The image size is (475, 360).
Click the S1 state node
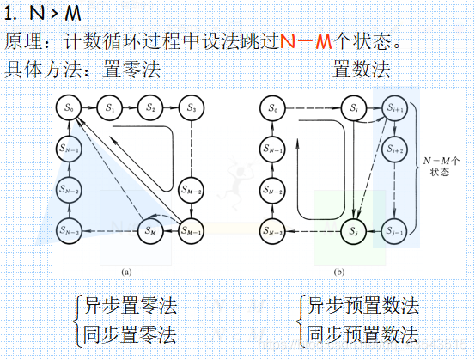(110, 108)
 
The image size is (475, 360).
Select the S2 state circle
(150, 108)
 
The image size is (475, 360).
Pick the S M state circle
(150, 229)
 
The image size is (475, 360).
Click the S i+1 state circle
(395, 108)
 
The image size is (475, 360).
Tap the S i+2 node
(395, 149)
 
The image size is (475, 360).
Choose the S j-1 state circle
(395, 229)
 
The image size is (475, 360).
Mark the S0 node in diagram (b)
(273, 108)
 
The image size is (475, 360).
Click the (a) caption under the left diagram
(126, 272)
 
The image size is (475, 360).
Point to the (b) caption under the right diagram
(339, 272)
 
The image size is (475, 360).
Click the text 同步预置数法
(362, 333)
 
